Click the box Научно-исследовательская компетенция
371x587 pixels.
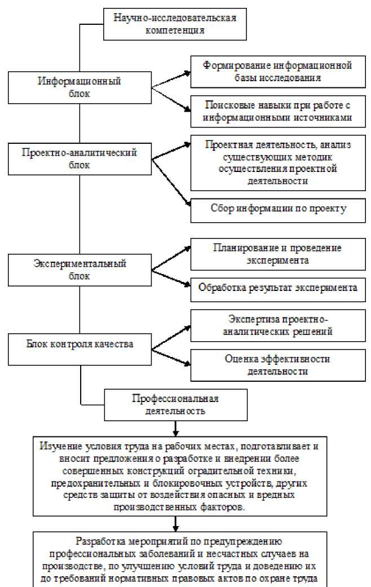click(174, 23)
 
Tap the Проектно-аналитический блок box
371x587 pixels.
click(79, 158)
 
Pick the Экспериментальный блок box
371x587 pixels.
click(79, 270)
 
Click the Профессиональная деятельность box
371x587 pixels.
click(175, 405)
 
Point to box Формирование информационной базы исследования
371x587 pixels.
click(277, 72)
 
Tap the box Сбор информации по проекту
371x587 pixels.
click(277, 209)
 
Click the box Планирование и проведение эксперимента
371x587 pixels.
click(277, 254)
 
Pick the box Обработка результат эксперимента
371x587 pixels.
click(277, 287)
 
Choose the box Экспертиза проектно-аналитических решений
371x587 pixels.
click(277, 325)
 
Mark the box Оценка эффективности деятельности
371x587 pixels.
click(277, 364)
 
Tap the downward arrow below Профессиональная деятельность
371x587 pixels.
click(175, 427)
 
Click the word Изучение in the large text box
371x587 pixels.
click(58, 445)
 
